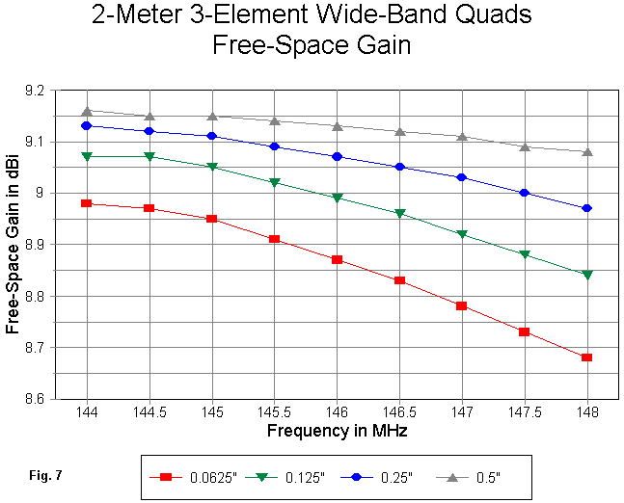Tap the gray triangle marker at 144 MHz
coord(87,111)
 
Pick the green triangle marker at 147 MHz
coord(462,234)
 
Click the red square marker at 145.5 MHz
coord(274,239)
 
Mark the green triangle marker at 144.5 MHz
coord(149,156)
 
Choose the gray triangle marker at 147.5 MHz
coord(525,146)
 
